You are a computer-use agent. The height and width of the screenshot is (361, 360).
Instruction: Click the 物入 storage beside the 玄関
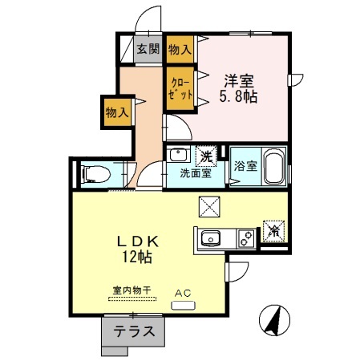point(180,48)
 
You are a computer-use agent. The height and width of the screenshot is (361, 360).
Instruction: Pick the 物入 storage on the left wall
point(117,112)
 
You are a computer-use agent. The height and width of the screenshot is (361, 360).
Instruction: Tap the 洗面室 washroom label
point(195,172)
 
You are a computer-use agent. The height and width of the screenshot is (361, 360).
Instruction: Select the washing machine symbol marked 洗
point(206,156)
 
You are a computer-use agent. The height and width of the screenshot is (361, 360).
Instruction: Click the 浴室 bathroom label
point(246,167)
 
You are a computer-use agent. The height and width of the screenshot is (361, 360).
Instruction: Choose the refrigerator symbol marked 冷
point(272,228)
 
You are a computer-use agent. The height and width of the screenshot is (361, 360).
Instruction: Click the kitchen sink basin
point(211,237)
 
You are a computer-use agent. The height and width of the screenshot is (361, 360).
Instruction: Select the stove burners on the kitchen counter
point(245,237)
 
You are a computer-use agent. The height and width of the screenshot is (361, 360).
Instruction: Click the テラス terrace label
point(133,332)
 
